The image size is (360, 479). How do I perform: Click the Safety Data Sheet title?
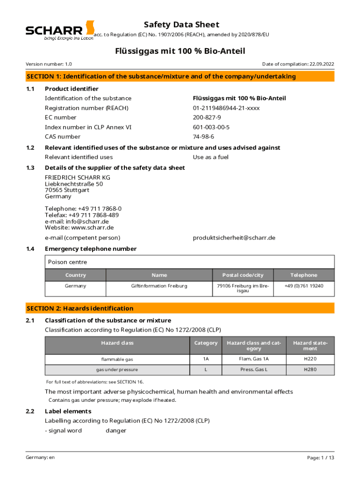click(x=181, y=25)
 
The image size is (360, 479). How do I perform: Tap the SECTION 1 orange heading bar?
click(x=180, y=76)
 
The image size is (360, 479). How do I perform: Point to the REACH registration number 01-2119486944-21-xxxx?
click(x=226, y=108)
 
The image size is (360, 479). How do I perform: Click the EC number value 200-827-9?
click(x=207, y=117)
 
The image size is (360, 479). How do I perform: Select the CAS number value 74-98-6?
click(x=203, y=137)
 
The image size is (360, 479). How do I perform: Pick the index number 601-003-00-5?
click(x=211, y=127)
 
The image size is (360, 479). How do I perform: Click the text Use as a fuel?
click(x=210, y=157)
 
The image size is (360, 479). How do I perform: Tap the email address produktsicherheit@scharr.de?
click(x=234, y=238)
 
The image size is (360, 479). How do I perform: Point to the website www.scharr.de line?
click(x=79, y=228)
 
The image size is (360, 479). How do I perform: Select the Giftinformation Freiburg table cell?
click(x=159, y=286)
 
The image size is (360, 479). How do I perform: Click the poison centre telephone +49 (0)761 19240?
click(x=303, y=286)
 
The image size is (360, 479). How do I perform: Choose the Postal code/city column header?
click(x=243, y=275)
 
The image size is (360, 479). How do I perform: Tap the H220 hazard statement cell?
click(x=310, y=359)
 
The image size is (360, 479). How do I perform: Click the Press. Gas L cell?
click(x=254, y=370)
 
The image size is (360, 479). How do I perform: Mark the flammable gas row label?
click(x=117, y=359)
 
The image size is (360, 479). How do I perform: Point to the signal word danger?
click(x=116, y=430)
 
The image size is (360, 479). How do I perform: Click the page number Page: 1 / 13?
click(x=321, y=457)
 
